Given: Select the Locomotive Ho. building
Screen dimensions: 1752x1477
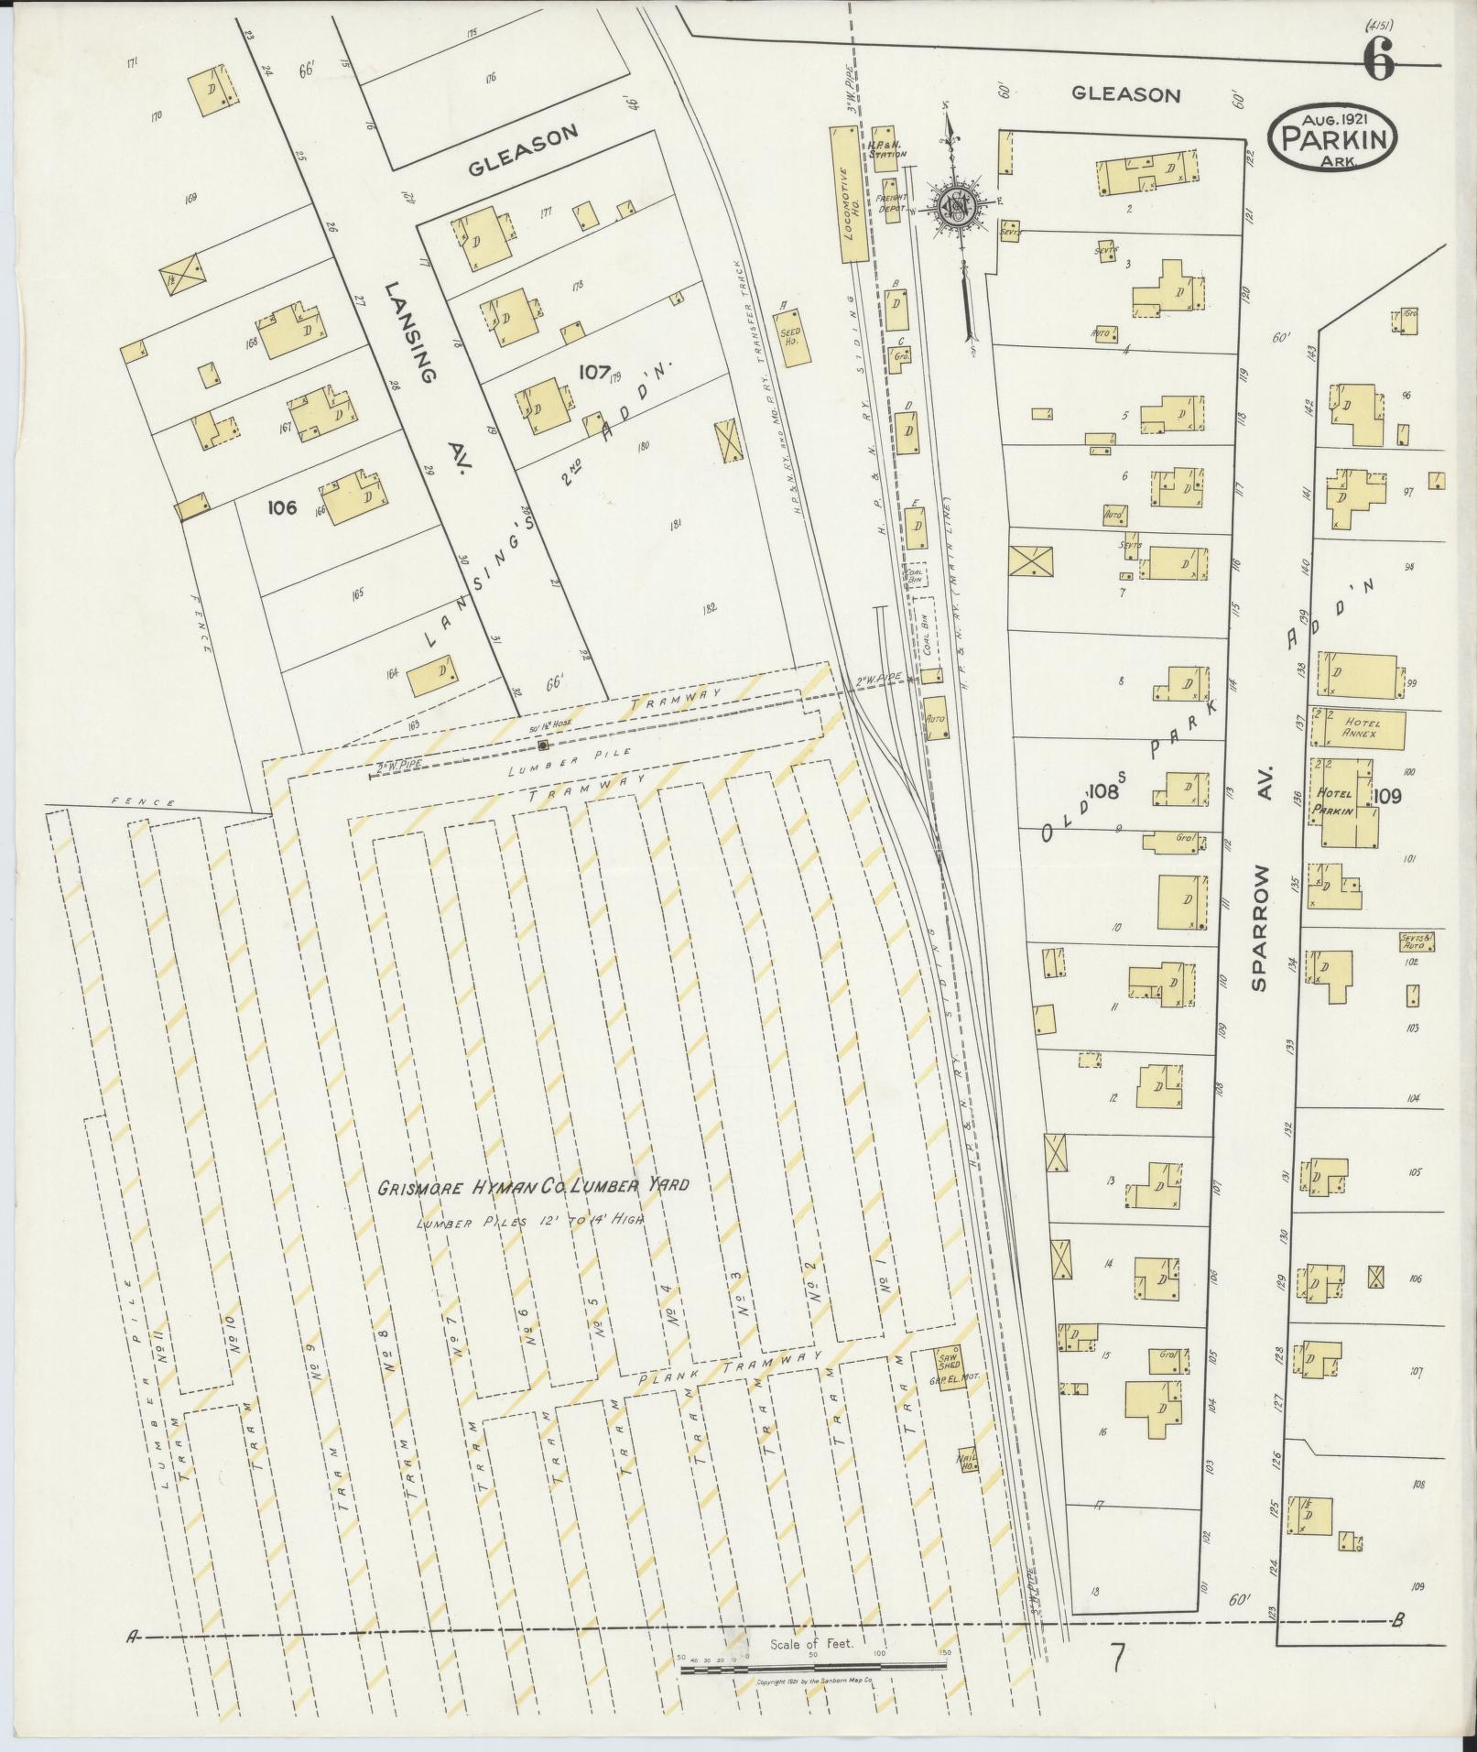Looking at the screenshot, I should (844, 194).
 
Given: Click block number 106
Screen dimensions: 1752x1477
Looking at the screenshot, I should (283, 506).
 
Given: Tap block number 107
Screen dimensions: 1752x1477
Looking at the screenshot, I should (594, 371).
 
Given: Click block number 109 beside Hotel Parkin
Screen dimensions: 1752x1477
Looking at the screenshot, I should (1387, 796).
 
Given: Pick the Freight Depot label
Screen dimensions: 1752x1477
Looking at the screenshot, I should (891, 202).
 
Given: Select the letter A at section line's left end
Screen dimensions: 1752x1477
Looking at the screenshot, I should (135, 1638).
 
